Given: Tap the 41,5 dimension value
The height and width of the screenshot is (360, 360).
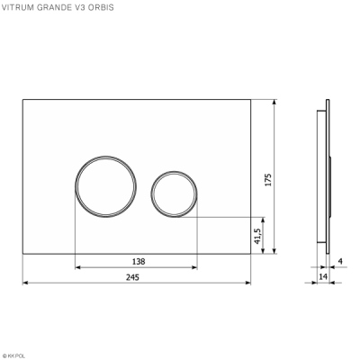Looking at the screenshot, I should point(257,236).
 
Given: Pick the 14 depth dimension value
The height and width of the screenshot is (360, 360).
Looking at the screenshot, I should point(321,278).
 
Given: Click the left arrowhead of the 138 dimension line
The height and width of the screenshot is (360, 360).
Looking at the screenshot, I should point(77,267).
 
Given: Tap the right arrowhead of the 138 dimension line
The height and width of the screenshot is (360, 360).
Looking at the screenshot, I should point(194,267).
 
